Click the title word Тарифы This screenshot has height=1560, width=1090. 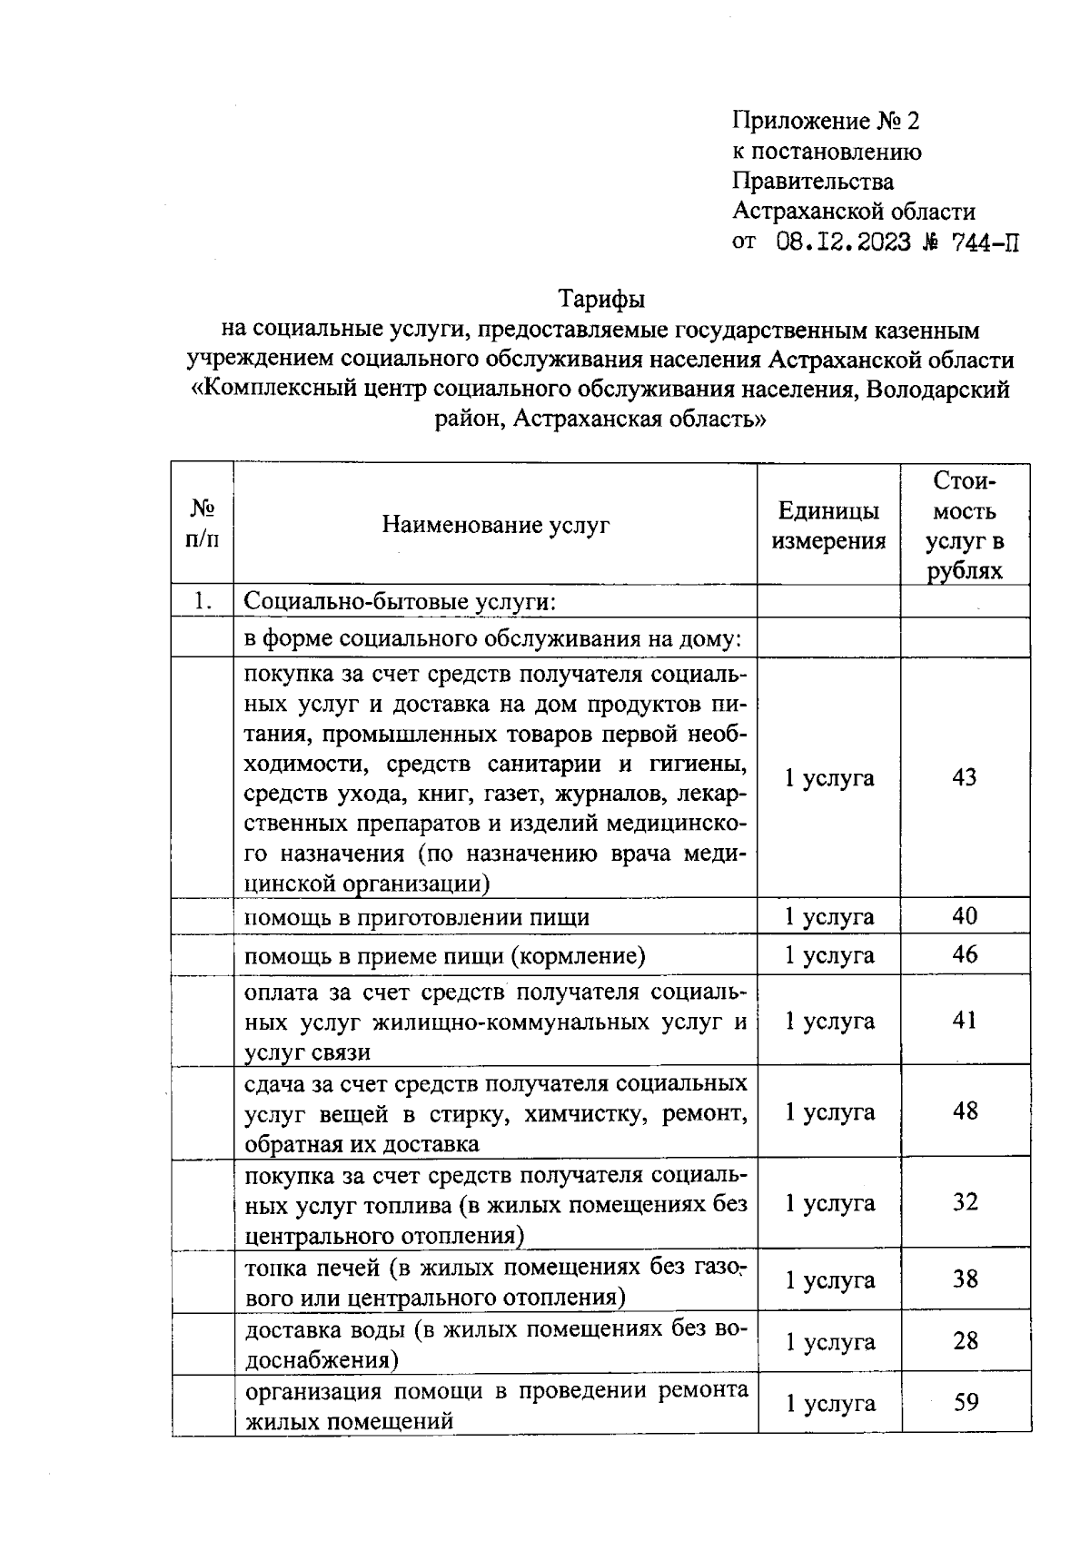601,299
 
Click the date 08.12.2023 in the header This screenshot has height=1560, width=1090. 844,242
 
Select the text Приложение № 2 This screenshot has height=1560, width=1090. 826,121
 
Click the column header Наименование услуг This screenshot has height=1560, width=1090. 495,525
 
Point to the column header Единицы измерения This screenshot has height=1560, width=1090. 828,526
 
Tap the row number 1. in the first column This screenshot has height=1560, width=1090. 202,601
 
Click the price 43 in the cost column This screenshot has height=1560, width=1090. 964,777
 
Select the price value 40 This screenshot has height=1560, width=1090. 965,916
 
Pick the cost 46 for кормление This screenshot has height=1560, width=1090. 965,954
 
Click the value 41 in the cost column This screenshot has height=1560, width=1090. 965,1021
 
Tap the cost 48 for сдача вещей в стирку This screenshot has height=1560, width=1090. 965,1111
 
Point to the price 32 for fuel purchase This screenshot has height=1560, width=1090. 965,1202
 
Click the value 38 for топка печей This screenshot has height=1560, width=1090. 965,1279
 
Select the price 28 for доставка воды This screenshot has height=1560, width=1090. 965,1341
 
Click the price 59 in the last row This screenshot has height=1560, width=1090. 966,1403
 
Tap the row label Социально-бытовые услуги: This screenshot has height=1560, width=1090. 401,602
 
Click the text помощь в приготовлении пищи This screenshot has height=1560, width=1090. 417,917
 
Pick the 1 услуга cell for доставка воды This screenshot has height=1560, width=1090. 829,1342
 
